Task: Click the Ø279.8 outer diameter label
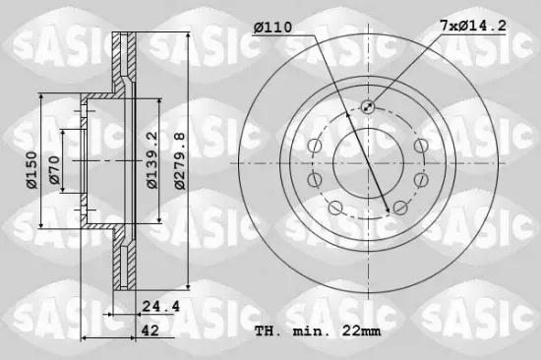(x=178, y=161)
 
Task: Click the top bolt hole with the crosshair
(x=368, y=107)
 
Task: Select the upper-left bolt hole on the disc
(x=315, y=147)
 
